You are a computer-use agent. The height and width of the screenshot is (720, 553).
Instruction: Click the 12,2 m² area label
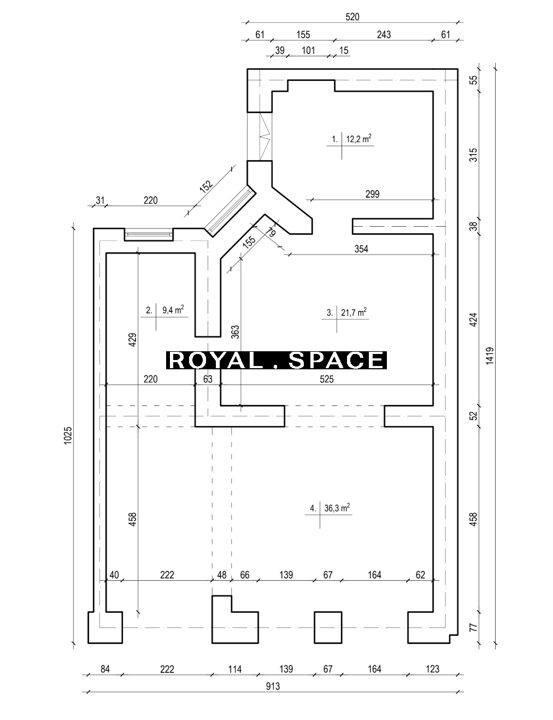(358, 139)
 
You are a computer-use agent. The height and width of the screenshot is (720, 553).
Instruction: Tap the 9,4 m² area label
(173, 310)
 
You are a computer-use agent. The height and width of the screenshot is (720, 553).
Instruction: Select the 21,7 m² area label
(354, 312)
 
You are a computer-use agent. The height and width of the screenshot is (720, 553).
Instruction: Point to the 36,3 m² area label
(337, 507)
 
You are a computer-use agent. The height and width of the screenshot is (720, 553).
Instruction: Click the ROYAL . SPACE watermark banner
(276, 360)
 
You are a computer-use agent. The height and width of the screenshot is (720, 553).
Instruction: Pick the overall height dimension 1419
(490, 356)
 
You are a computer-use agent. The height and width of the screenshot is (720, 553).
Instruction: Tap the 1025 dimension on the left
(68, 435)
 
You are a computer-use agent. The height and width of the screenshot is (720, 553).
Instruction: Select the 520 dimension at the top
(352, 17)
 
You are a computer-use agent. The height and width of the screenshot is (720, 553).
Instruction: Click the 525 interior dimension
(327, 379)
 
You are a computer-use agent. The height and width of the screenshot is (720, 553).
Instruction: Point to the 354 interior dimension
(361, 249)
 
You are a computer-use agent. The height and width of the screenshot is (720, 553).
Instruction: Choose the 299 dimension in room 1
(373, 194)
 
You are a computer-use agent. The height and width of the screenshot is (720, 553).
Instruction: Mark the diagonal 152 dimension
(206, 186)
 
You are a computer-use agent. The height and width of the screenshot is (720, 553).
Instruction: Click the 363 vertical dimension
(235, 332)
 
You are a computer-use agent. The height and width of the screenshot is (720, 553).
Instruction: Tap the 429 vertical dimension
(132, 340)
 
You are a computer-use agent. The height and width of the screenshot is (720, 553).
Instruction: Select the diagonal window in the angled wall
(230, 211)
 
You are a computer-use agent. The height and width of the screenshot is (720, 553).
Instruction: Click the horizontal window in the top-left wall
(149, 234)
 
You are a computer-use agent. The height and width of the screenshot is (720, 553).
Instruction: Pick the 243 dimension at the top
(384, 34)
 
